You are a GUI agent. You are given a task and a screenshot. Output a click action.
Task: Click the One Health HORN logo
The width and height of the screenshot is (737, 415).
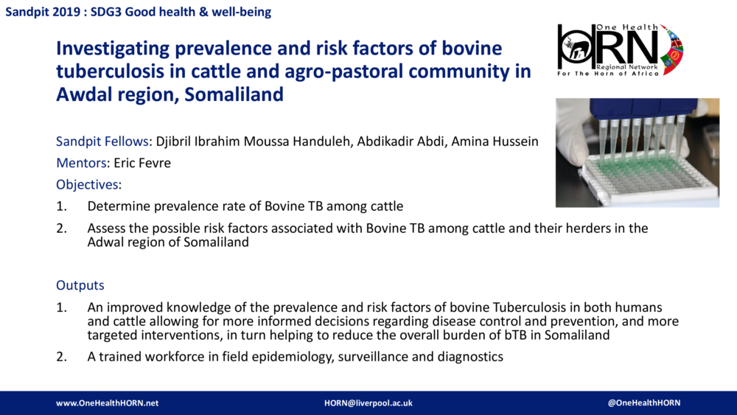[x=620, y=49]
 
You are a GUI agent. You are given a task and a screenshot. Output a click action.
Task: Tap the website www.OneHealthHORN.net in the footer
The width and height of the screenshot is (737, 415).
[x=108, y=403]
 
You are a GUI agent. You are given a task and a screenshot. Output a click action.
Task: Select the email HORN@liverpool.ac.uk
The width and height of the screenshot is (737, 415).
[x=368, y=403]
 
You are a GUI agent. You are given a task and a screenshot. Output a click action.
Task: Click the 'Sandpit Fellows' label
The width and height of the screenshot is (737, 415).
[x=104, y=142]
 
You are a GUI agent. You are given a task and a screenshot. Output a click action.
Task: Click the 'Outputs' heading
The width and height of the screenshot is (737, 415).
[x=80, y=285]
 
